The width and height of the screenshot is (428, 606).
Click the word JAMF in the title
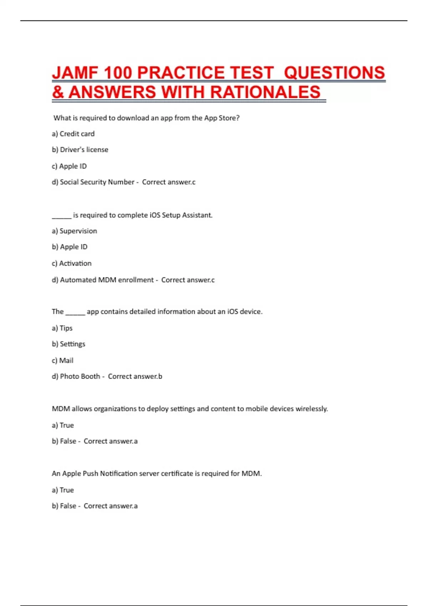click(x=75, y=73)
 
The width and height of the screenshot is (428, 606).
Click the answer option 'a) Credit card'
click(x=73, y=134)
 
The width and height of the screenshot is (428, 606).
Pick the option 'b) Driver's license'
click(x=80, y=150)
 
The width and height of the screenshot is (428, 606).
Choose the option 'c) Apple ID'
click(x=69, y=166)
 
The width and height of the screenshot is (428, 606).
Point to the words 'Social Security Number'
click(x=97, y=182)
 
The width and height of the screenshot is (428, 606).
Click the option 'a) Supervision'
click(x=74, y=231)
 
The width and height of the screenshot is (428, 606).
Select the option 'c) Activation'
click(x=72, y=263)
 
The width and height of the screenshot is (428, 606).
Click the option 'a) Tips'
click(x=62, y=328)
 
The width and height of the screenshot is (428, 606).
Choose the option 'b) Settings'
click(x=68, y=344)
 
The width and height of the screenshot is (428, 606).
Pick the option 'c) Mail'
click(x=62, y=361)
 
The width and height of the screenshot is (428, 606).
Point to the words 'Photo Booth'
click(x=80, y=376)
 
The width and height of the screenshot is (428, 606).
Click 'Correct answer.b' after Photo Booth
click(x=135, y=376)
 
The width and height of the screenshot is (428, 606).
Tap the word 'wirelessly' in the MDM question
click(x=311, y=409)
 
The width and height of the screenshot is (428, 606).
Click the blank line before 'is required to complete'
click(x=62, y=216)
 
